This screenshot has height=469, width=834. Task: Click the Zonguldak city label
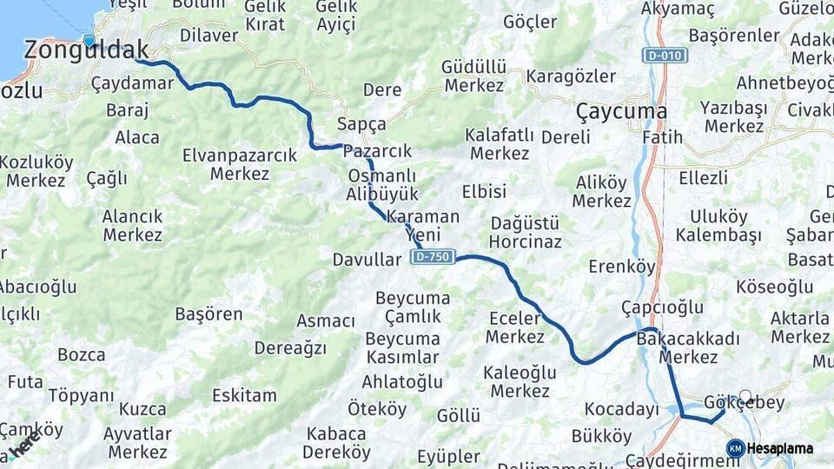[85, 50]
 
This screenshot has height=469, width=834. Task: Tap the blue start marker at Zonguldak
[89, 40]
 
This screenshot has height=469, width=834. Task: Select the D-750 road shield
[434, 257]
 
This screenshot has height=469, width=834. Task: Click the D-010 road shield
[665, 56]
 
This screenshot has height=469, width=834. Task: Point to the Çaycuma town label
[621, 112]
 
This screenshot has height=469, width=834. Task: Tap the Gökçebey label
[745, 402]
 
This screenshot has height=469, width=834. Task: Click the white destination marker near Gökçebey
[745, 396]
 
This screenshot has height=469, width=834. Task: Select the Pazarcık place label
[377, 151]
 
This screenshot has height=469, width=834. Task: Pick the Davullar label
[367, 259]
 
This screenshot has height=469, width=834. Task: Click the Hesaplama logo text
[780, 448]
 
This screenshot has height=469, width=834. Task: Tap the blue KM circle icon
[735, 448]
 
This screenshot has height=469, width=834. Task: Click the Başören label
[208, 314]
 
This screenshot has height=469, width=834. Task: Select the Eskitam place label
[244, 396]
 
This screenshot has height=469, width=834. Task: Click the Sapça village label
[361, 123]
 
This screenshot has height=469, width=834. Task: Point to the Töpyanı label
[81, 395]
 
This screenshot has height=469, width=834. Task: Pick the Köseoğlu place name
[774, 287]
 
